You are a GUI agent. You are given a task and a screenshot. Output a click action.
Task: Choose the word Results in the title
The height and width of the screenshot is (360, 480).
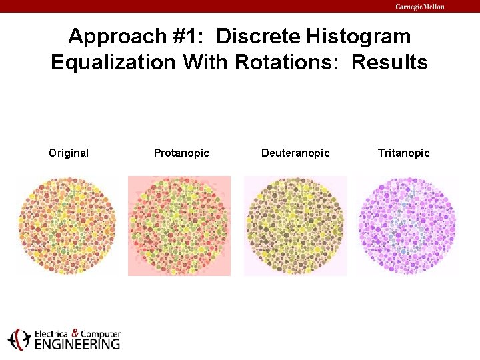click(x=389, y=63)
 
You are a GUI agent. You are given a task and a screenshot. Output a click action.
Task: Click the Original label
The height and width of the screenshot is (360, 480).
click(x=69, y=153)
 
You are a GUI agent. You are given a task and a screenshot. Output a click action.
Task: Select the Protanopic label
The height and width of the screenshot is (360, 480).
click(x=181, y=153)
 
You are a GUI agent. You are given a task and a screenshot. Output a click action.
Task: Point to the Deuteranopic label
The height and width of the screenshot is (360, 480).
click(x=295, y=153)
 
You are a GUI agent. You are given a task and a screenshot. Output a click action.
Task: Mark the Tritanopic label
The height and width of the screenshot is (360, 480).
click(x=404, y=153)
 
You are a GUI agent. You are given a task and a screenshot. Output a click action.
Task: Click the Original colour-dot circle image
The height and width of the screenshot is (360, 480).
click(x=67, y=225)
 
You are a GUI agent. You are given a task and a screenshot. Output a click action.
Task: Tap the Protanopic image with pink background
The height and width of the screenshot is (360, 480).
click(x=179, y=225)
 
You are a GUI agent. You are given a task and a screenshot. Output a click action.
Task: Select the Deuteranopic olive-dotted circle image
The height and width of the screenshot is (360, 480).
click(x=295, y=225)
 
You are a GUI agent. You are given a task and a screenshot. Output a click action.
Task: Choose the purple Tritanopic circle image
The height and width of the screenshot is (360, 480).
click(x=407, y=225)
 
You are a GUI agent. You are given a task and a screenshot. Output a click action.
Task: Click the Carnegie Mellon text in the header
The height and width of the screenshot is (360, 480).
click(x=419, y=7)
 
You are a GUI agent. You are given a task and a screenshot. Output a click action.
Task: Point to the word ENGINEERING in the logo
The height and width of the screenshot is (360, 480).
click(x=77, y=344)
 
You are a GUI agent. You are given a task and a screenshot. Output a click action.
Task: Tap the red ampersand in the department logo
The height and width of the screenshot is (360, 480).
click(x=76, y=333)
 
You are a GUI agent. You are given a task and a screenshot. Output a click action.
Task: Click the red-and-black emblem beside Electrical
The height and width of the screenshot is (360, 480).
click(x=19, y=339)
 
